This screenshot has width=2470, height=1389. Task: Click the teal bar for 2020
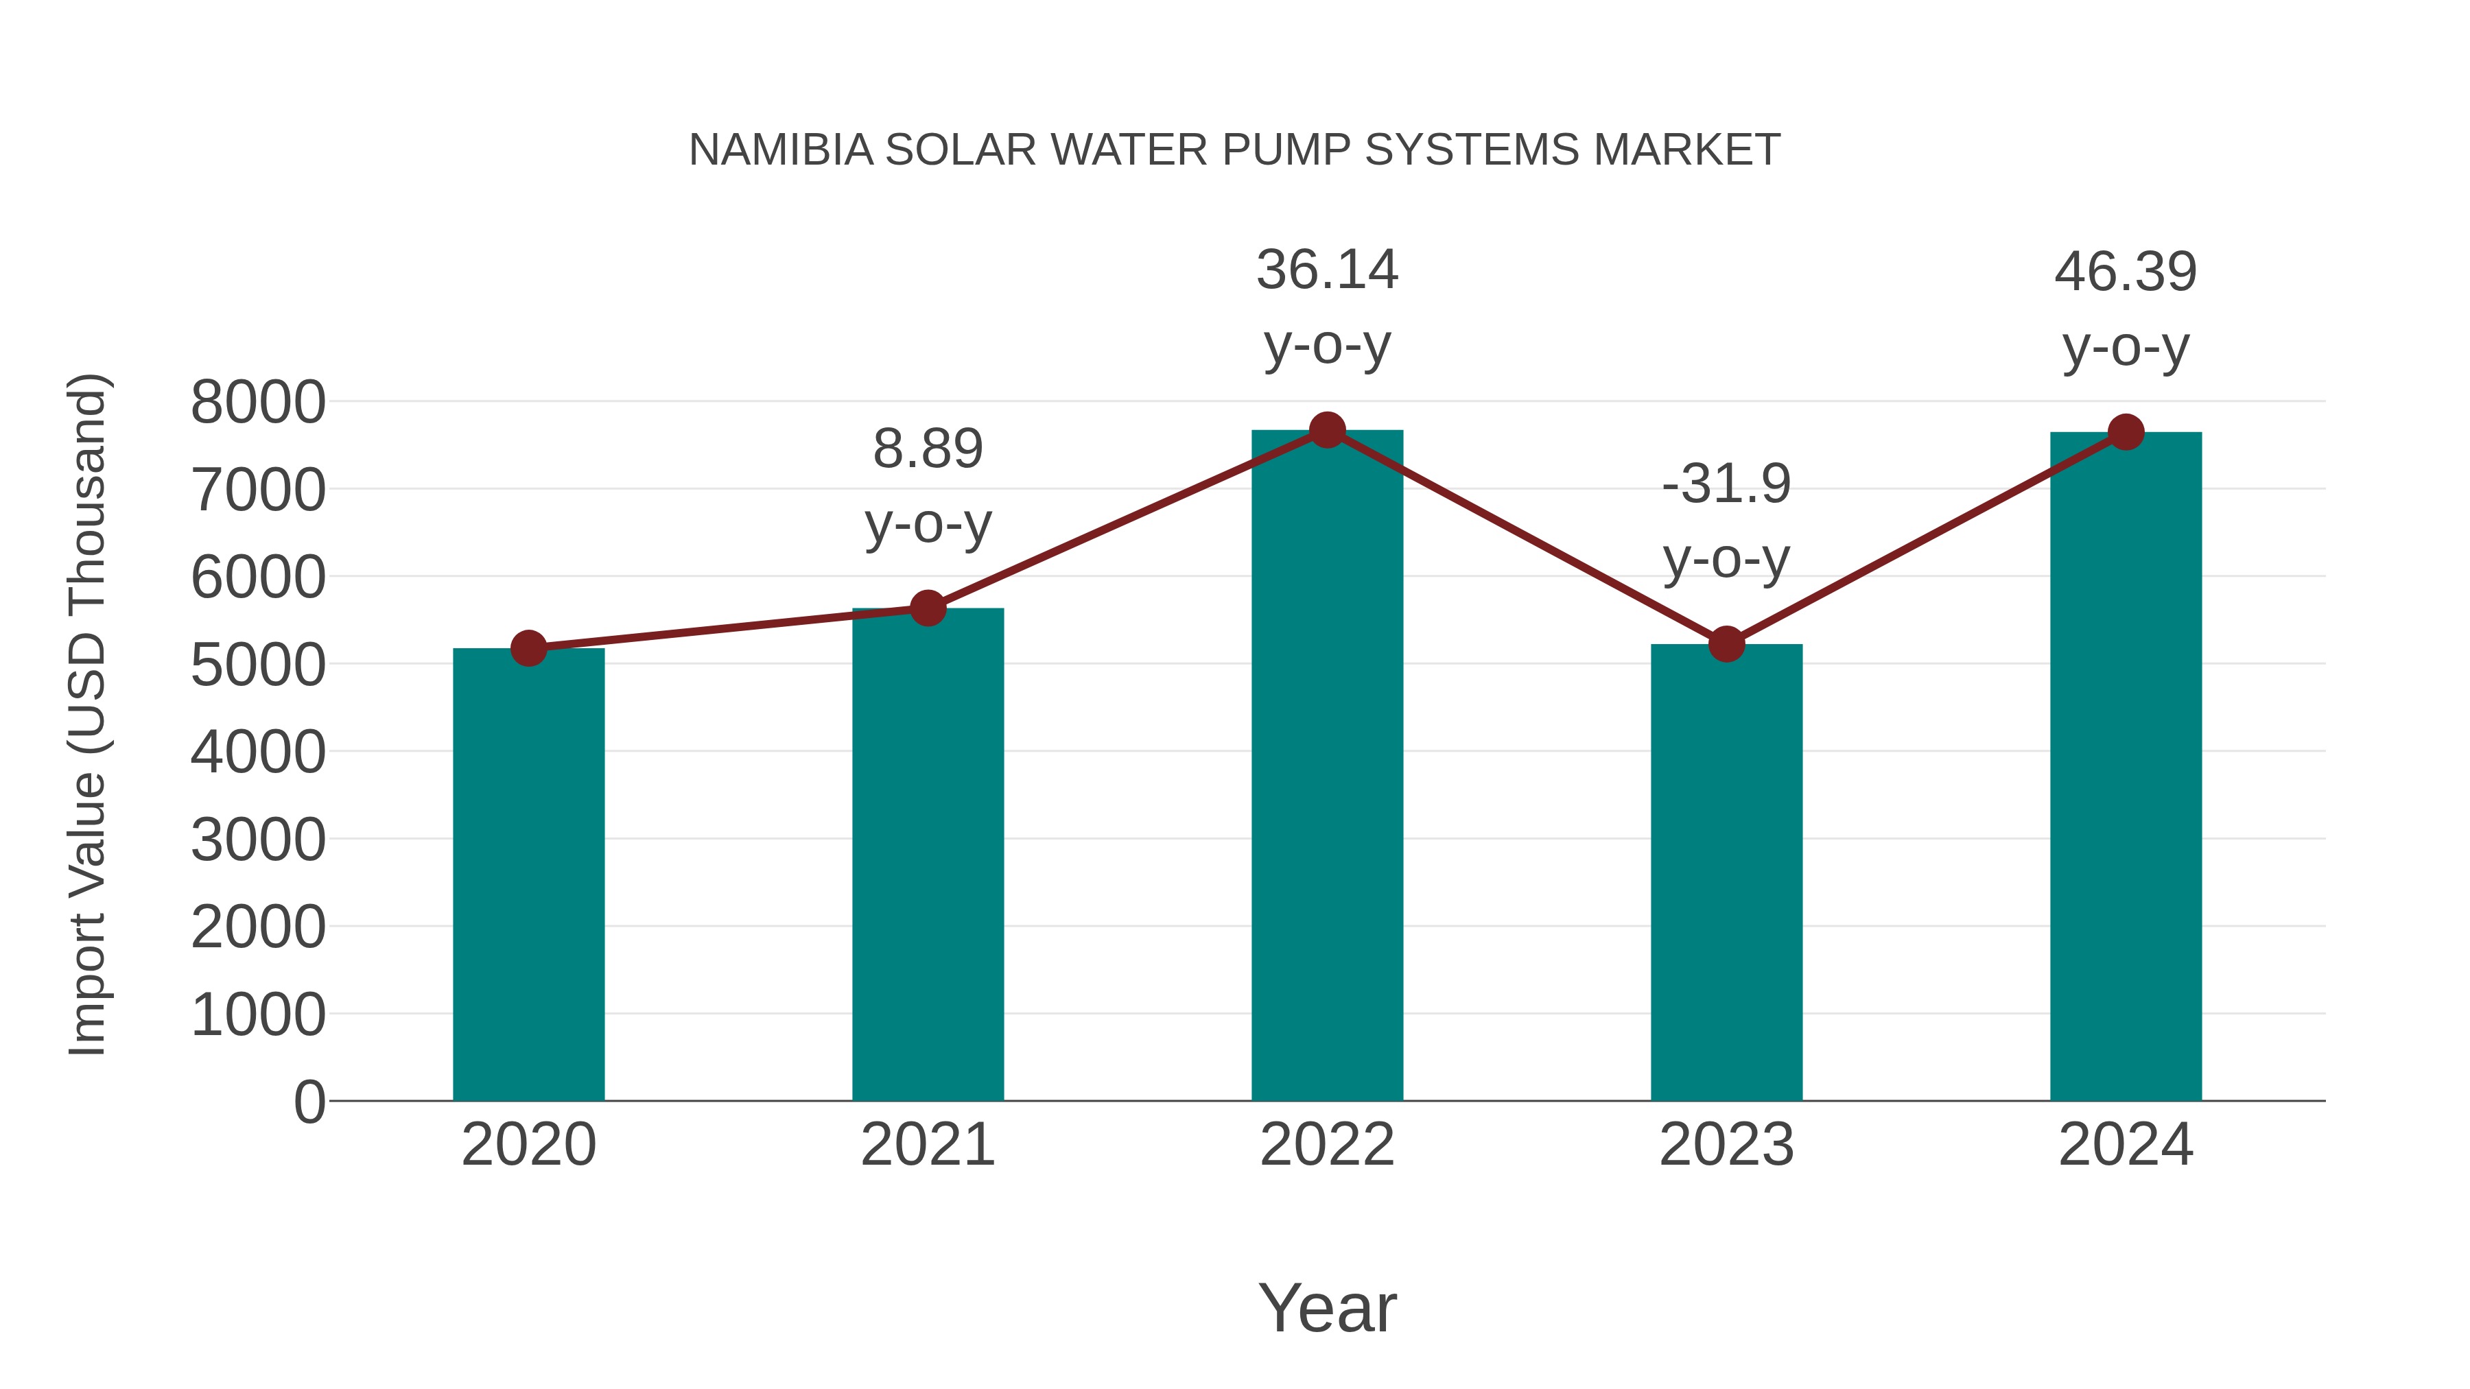[x=528, y=875]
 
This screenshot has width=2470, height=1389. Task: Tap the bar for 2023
[x=1726, y=872]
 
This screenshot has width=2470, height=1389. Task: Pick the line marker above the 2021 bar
[x=927, y=608]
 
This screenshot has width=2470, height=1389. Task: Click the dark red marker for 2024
[x=2126, y=432]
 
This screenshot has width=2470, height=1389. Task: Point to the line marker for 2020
[x=528, y=649]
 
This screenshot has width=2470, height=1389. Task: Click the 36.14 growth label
[x=1327, y=270]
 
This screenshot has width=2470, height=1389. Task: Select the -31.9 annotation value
[x=1726, y=484]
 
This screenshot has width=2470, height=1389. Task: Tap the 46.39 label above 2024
[x=2126, y=272]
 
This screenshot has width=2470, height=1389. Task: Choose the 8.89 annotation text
[x=927, y=449]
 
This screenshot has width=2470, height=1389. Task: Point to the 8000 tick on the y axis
[x=258, y=403]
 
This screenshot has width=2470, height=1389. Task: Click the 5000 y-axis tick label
[x=258, y=665]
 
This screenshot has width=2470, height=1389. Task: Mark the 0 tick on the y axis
[x=309, y=1102]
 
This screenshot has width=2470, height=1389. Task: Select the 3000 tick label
[x=258, y=841]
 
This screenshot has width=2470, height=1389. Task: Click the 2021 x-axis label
[x=927, y=1145]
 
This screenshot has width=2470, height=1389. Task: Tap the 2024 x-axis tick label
[x=2126, y=1145]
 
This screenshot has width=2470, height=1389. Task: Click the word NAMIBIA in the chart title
[x=781, y=150]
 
